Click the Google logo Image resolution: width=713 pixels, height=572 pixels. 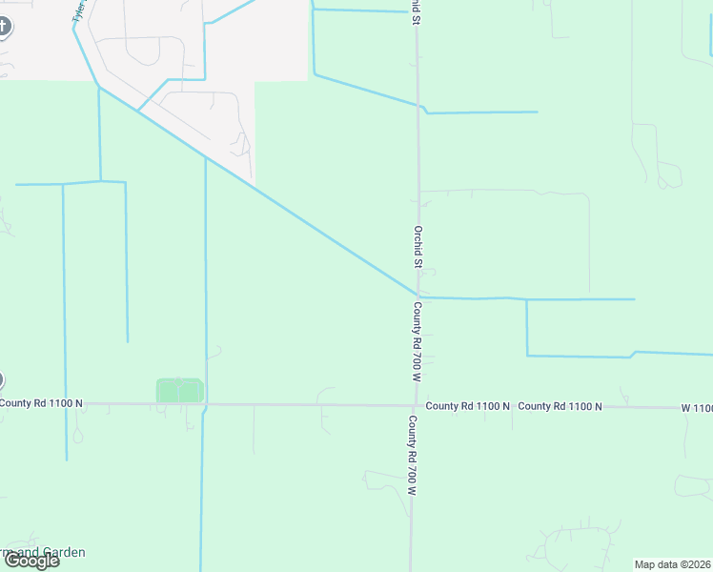click(x=31, y=561)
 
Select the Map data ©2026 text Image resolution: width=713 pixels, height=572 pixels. click(x=673, y=564)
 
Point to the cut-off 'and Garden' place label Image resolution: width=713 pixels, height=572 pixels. click(x=43, y=552)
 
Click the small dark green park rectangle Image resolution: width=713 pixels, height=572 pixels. click(x=179, y=390)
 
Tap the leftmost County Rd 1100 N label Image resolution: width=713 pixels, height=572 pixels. click(x=42, y=403)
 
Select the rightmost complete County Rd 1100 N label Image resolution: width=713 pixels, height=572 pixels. click(x=560, y=406)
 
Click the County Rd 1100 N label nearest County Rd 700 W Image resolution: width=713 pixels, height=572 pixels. click(x=468, y=406)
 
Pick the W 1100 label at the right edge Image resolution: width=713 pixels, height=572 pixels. click(x=697, y=408)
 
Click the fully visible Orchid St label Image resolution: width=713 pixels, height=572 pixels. click(x=418, y=246)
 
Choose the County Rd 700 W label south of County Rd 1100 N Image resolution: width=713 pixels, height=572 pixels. click(x=413, y=455)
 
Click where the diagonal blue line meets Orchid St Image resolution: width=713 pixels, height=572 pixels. click(x=418, y=296)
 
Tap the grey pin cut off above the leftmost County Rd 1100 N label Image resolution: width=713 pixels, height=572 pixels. click(x=1, y=380)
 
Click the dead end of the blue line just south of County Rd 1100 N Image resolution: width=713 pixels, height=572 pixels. click(x=67, y=460)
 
